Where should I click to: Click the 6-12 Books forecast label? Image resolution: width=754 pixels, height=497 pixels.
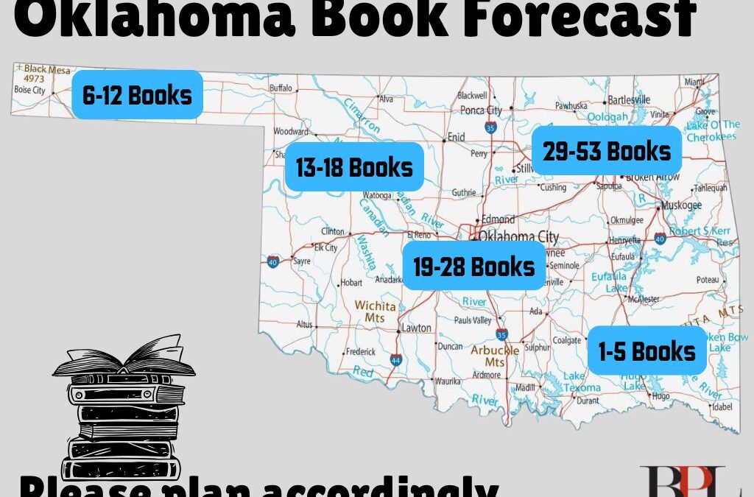coord(137,95)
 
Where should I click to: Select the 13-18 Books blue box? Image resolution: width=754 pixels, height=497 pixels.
coord(354,167)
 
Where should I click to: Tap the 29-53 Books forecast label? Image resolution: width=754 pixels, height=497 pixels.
coord(607,151)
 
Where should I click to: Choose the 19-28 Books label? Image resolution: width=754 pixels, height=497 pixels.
coord(474,266)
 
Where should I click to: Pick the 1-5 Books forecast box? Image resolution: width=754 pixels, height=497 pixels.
coord(647,351)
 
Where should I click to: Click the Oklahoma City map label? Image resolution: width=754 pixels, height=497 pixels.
coord(518,236)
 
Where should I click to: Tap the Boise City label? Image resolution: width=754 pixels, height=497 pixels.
coord(29,91)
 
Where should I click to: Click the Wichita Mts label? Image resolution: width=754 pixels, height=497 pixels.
coord(375,311)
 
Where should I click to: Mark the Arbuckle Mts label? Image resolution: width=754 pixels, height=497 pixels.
coord(494,356)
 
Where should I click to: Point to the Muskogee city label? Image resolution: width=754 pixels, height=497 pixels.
coord(681,205)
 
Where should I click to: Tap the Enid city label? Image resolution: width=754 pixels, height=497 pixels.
coord(457,137)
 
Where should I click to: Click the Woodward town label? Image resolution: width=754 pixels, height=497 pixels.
coord(290,132)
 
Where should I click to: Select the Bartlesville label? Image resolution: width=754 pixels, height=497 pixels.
coord(629,99)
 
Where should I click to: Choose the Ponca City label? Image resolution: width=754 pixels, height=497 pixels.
coord(481,110)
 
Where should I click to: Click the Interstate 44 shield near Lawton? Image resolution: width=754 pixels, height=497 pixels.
coord(396,360)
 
